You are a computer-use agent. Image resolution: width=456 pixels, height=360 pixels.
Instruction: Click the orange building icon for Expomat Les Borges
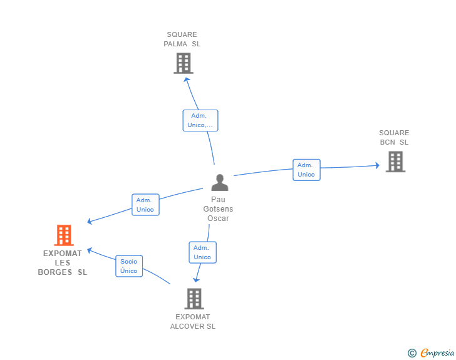(x=64, y=235)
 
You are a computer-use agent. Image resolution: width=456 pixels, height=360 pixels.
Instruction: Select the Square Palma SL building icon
(x=184, y=63)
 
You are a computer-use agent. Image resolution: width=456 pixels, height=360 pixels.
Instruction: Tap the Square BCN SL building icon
(x=395, y=162)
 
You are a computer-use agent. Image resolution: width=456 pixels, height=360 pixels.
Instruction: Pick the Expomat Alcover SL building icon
(x=194, y=299)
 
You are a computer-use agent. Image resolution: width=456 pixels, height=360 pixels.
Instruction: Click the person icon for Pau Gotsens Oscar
(x=220, y=182)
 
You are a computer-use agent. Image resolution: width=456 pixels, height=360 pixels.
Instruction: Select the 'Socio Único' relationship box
(x=129, y=266)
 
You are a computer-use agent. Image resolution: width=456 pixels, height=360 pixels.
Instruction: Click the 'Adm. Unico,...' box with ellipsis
(x=200, y=120)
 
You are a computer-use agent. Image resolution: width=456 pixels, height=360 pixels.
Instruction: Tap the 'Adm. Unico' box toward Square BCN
(x=306, y=170)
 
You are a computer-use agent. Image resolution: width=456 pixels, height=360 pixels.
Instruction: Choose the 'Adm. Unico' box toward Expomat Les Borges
(x=145, y=205)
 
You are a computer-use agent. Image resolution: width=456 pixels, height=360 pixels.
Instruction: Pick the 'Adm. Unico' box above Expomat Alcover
(x=203, y=252)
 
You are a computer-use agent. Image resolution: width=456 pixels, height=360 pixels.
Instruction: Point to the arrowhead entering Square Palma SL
(x=187, y=80)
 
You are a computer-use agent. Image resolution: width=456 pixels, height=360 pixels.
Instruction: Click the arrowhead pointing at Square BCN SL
(x=377, y=165)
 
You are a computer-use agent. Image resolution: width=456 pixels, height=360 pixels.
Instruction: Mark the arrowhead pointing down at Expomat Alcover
(x=197, y=280)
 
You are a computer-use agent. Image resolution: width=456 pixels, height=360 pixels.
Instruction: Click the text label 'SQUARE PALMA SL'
(x=182, y=39)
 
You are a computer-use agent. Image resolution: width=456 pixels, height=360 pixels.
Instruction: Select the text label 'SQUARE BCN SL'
(x=394, y=138)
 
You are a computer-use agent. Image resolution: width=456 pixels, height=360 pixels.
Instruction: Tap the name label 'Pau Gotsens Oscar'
(x=218, y=208)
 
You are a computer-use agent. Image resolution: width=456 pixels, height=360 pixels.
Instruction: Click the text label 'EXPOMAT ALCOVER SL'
(x=193, y=322)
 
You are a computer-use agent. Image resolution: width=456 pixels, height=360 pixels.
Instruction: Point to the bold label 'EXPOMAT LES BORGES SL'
(x=63, y=262)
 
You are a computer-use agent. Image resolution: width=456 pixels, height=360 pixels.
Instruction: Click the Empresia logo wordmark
(x=437, y=352)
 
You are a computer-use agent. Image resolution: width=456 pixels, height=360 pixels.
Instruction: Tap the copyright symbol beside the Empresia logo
(x=412, y=353)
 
